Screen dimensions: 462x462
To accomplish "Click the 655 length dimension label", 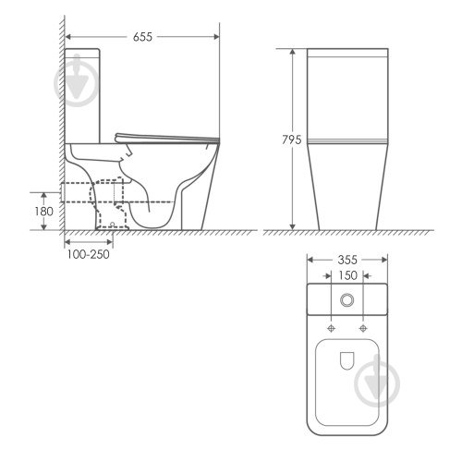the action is click(142, 37).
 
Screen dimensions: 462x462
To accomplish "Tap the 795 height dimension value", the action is click(291, 140).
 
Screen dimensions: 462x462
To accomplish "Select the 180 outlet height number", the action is click(43, 212).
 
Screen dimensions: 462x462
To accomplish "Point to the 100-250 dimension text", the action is click(89, 254).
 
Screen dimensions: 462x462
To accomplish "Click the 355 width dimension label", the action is click(347, 260).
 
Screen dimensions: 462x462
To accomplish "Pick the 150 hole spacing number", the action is click(347, 275).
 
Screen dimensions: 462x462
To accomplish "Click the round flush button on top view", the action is click(347, 299).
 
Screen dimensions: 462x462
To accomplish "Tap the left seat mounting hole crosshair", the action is click(331, 328).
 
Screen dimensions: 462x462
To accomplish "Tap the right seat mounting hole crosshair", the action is click(363, 328).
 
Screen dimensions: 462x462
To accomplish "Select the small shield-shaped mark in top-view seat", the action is click(347, 360).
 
